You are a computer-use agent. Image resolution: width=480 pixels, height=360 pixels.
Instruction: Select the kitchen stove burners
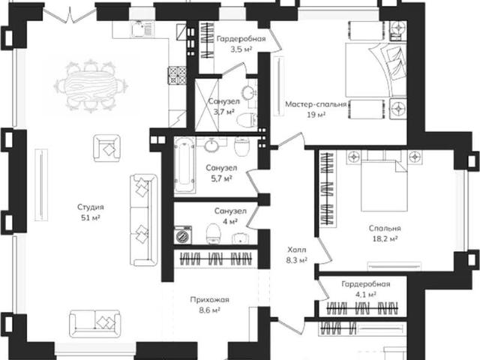click(x=177, y=75)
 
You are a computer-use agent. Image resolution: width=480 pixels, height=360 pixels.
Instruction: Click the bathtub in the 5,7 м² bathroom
click(x=184, y=164)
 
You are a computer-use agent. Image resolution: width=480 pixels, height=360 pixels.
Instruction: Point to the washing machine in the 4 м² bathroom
click(x=183, y=235)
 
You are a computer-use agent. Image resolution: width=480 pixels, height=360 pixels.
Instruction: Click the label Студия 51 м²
click(x=91, y=212)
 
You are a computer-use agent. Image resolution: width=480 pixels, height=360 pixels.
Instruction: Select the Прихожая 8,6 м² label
click(x=210, y=305)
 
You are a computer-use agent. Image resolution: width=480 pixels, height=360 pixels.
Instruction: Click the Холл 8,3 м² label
click(x=297, y=255)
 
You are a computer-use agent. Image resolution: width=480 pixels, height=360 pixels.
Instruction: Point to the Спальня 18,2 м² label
click(x=385, y=233)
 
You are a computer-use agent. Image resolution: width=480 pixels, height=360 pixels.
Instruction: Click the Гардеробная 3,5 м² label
click(x=241, y=43)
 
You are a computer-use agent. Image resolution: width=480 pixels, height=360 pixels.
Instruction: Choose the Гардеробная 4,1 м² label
click(x=366, y=289)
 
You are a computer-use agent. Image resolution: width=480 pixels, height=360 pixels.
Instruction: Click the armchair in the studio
click(x=107, y=148)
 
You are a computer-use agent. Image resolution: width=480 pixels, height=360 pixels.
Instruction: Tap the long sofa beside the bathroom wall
click(x=143, y=220)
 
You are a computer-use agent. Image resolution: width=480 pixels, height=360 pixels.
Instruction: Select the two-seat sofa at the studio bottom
click(x=95, y=323)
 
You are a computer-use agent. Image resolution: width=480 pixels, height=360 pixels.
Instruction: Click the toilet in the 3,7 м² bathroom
click(x=247, y=120)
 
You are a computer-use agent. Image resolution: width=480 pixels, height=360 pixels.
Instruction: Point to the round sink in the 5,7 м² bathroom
click(x=211, y=145)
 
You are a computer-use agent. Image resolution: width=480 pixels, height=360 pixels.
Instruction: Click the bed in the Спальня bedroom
click(x=385, y=185)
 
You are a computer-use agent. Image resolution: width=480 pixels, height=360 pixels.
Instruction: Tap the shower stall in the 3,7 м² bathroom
click(x=207, y=105)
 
